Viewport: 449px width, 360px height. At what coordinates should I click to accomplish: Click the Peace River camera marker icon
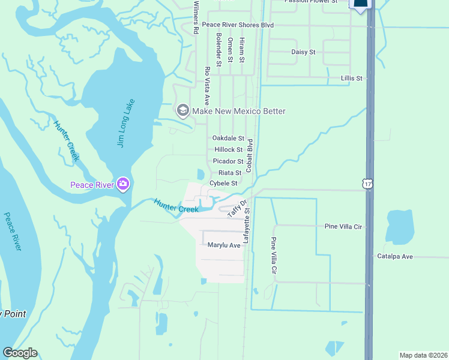pyautogui.click(x=123, y=184)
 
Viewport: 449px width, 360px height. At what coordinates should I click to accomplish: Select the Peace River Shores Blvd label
pyautogui.click(x=238, y=25)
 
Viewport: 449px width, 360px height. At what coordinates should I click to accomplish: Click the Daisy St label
pyautogui.click(x=303, y=52)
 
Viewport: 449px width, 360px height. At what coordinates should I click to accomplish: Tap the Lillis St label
pyautogui.click(x=352, y=79)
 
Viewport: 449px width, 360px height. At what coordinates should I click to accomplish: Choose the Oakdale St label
pyautogui.click(x=228, y=138)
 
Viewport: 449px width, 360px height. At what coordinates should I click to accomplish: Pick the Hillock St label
pyautogui.click(x=228, y=149)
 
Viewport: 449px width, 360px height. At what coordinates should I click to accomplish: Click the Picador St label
pyautogui.click(x=228, y=161)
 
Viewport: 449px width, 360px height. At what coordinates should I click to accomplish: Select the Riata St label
pyautogui.click(x=229, y=173)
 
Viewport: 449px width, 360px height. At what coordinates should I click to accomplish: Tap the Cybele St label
pyautogui.click(x=223, y=184)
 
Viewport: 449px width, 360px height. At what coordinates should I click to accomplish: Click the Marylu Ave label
pyautogui.click(x=224, y=245)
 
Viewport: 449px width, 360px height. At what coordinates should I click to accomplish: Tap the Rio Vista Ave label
pyautogui.click(x=207, y=86)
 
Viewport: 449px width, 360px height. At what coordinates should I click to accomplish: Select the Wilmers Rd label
pyautogui.click(x=196, y=17)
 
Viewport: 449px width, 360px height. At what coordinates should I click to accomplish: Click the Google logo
pyautogui.click(x=20, y=353)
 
